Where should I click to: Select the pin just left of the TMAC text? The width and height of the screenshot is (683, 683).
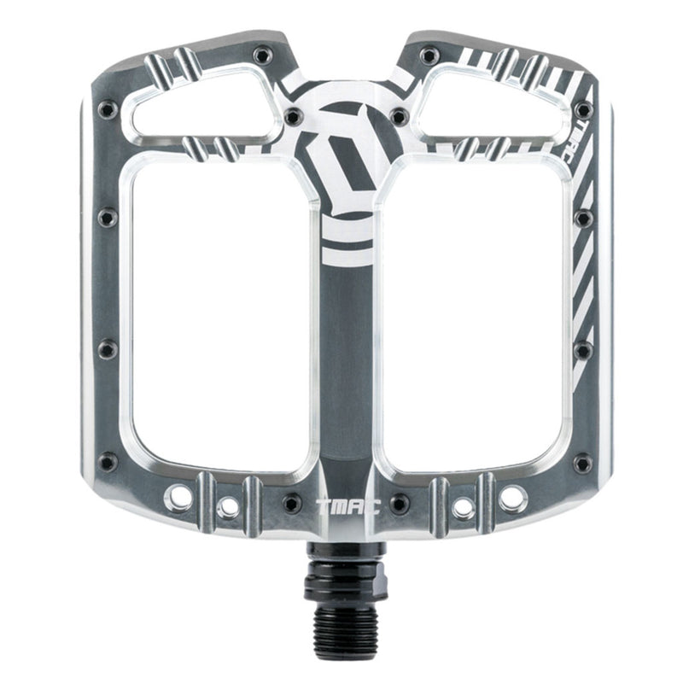tap(292, 503)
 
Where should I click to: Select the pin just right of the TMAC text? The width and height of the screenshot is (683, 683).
tap(399, 503)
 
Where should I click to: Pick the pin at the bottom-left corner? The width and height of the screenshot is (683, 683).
tap(108, 463)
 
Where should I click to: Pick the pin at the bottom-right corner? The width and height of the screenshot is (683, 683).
tap(583, 463)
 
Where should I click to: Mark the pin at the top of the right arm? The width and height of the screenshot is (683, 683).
tap(429, 56)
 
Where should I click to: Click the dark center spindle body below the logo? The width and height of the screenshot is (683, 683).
tap(345, 359)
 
